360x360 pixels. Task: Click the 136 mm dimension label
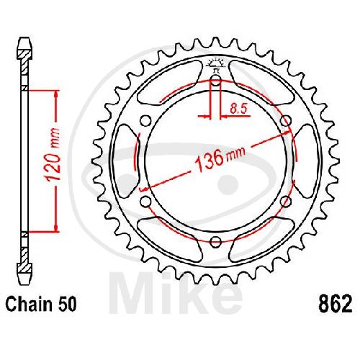pyautogui.click(x=220, y=159)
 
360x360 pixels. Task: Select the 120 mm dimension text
pyautogui.click(x=53, y=155)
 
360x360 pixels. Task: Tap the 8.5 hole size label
pyautogui.click(x=238, y=109)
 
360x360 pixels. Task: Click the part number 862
pyautogui.click(x=335, y=305)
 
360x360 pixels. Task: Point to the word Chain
pyautogui.click(x=29, y=305)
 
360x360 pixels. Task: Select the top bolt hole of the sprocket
pyautogui.click(x=215, y=81)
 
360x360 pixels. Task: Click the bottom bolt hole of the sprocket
pyautogui.click(x=215, y=242)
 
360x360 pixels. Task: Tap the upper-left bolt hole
pyautogui.click(x=145, y=121)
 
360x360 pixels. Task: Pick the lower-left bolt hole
pyautogui.click(x=145, y=202)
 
